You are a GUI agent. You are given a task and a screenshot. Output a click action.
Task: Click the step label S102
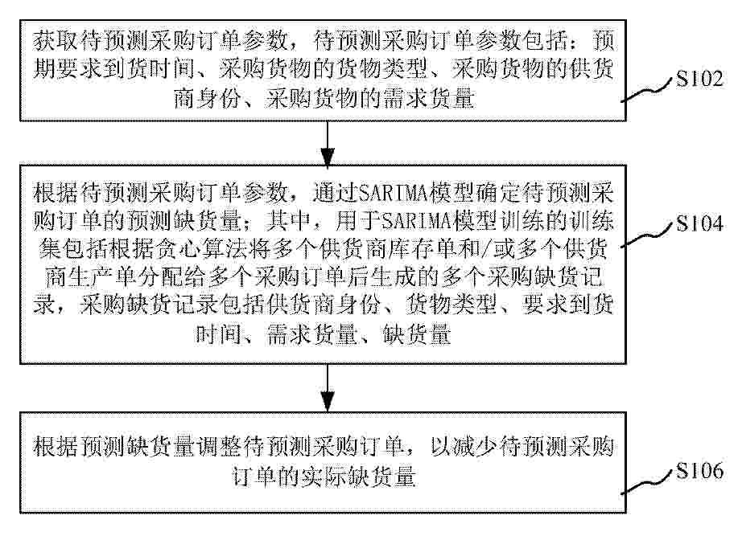(699, 79)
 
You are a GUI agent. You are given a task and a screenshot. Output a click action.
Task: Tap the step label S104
(699, 223)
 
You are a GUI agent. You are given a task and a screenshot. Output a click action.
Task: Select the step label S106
(699, 470)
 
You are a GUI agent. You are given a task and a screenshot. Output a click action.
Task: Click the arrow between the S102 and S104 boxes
(327, 143)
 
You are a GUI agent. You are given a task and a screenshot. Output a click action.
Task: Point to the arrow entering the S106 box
(327, 388)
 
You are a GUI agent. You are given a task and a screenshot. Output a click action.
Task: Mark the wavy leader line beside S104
(647, 235)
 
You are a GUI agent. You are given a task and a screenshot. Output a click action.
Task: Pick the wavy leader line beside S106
(647, 482)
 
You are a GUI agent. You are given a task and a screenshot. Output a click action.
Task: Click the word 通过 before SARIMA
(335, 193)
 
